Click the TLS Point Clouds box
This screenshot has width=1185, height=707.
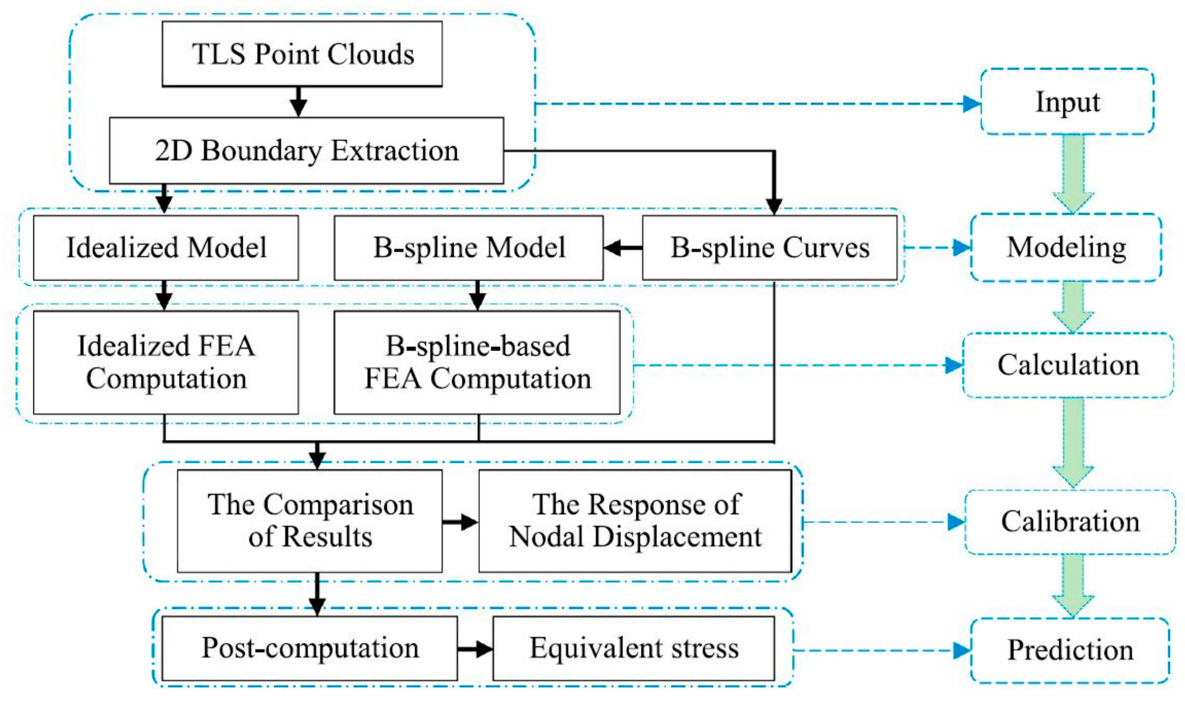tap(302, 54)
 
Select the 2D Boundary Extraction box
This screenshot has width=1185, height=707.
tap(306, 151)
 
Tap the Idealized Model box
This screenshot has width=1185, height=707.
tap(166, 248)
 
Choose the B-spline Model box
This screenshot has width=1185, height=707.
tap(468, 248)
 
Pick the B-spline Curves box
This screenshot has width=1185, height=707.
tap(769, 248)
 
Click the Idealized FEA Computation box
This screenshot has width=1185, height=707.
tap(166, 363)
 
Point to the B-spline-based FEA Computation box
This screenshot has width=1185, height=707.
tap(477, 363)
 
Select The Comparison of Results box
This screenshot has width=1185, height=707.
tap(310, 521)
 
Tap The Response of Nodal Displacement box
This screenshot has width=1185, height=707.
tap(635, 521)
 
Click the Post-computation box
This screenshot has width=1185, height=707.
tap(310, 648)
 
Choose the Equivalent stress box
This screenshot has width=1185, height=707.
tap(633, 648)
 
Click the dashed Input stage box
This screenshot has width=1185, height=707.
tap(1067, 102)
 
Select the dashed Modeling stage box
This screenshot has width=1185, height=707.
tap(1066, 248)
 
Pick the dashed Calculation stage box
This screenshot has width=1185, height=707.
tap(1068, 365)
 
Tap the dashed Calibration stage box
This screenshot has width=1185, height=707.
tap(1070, 522)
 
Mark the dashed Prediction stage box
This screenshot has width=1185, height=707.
tap(1070, 650)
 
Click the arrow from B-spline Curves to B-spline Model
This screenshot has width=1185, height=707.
tap(623, 248)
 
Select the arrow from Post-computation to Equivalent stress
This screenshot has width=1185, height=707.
tap(475, 649)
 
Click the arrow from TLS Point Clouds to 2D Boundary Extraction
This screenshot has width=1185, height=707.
tap(298, 102)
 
